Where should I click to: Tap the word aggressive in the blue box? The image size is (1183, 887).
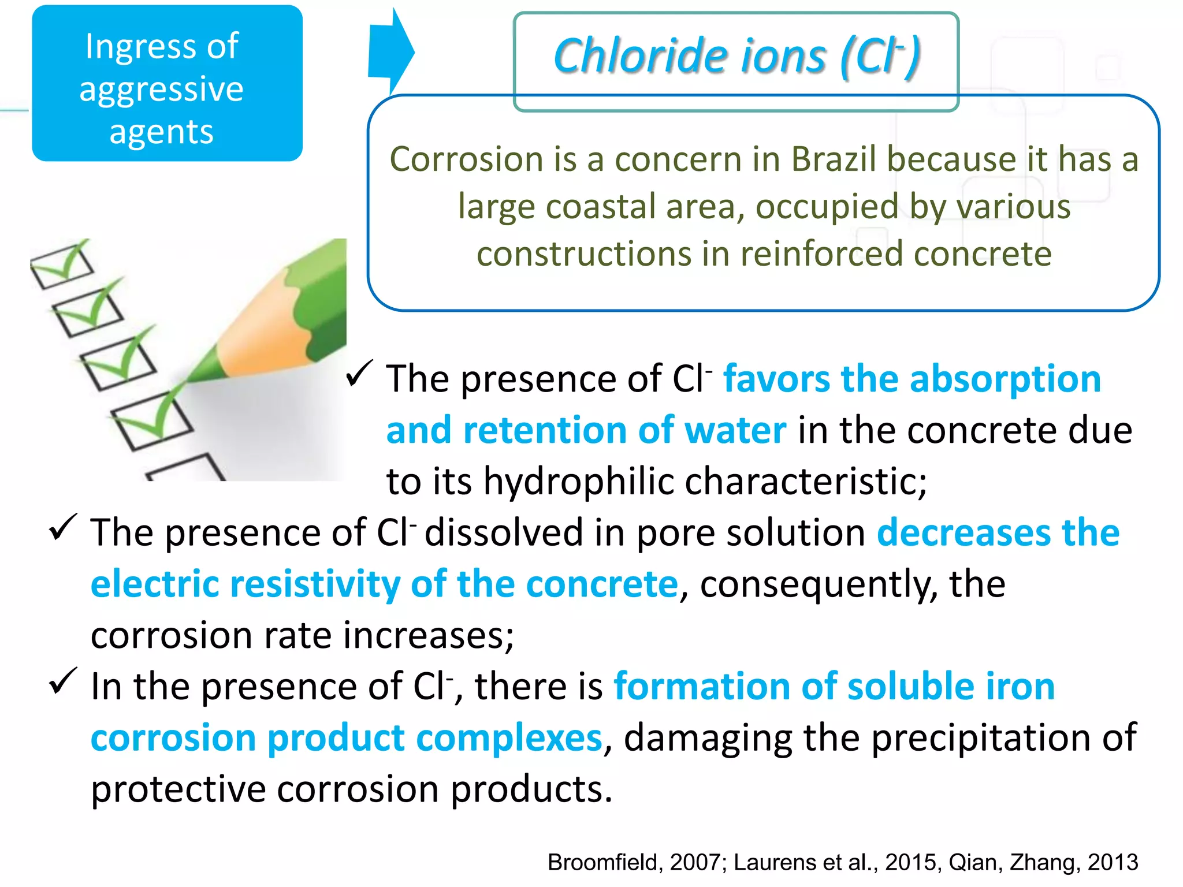161,89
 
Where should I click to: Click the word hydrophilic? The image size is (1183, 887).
578,482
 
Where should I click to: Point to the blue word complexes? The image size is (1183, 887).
509,738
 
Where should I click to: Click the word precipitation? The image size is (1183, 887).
981,738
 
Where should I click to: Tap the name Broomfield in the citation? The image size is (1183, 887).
603,862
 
